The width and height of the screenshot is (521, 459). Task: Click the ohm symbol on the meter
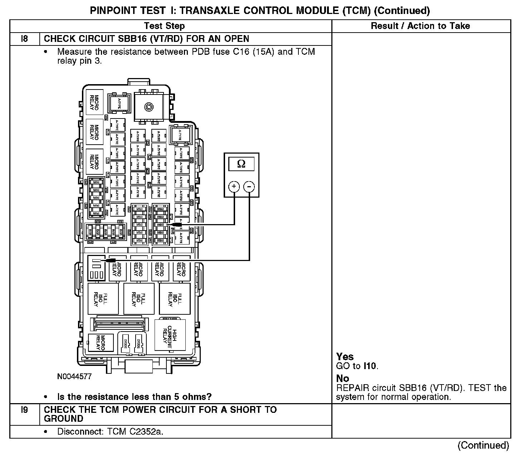tap(242, 164)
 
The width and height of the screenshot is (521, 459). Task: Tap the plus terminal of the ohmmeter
tap(234, 187)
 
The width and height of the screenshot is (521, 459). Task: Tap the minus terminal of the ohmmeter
tap(249, 187)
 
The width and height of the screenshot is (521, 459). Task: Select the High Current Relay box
tap(170, 335)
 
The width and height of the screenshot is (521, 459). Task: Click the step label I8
tap(24, 39)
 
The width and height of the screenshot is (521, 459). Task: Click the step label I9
tap(24, 410)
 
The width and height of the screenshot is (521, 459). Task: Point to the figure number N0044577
tap(74, 377)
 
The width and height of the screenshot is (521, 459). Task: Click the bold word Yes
tap(345, 357)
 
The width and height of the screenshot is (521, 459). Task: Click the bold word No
tap(342, 378)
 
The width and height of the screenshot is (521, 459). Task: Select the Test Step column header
tap(164, 26)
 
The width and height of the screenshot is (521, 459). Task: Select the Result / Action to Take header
tap(420, 26)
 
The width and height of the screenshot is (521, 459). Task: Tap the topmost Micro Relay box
tap(94, 102)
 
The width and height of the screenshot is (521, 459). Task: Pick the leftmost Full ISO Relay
tap(103, 298)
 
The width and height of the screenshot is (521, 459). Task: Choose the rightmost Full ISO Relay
tap(175, 298)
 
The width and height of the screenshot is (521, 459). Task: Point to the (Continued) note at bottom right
tap(483, 445)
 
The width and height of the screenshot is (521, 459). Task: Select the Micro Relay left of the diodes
tap(101, 343)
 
